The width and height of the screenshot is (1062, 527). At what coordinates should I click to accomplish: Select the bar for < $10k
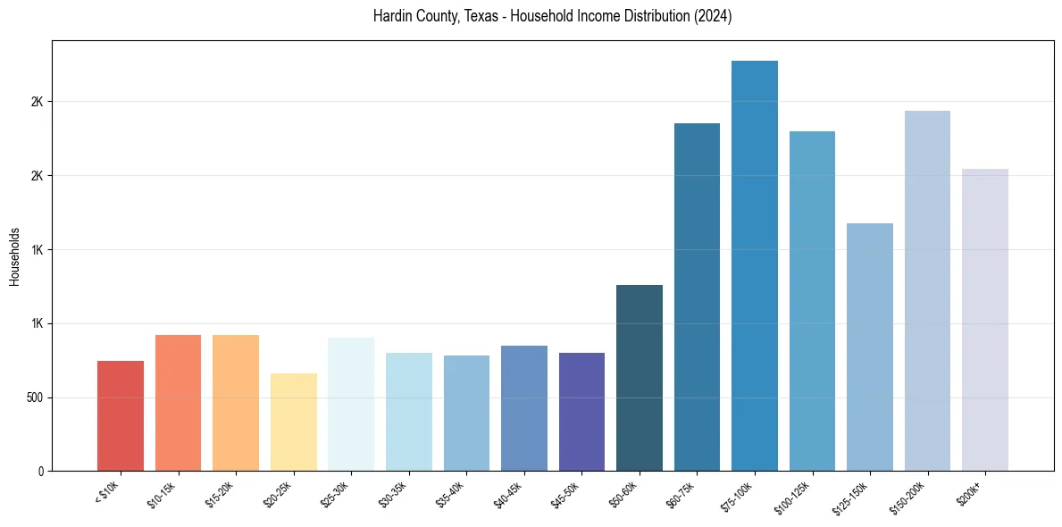pyautogui.click(x=121, y=415)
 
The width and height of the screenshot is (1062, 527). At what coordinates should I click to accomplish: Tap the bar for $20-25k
pyautogui.click(x=293, y=422)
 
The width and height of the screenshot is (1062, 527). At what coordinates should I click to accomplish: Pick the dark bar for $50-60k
pyautogui.click(x=639, y=378)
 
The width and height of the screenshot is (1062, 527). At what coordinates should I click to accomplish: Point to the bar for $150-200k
pyautogui.click(x=927, y=290)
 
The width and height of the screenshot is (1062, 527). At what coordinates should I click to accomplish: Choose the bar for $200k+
pyautogui.click(x=984, y=320)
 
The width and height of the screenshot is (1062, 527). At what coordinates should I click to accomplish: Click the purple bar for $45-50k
pyautogui.click(x=581, y=412)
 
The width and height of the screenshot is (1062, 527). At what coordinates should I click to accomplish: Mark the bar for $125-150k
pyautogui.click(x=869, y=347)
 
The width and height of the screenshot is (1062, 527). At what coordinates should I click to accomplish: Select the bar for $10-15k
pyautogui.click(x=178, y=403)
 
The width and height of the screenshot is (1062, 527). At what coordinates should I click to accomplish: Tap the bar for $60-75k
pyautogui.click(x=697, y=297)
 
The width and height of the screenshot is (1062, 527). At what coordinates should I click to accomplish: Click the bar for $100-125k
pyautogui.click(x=812, y=301)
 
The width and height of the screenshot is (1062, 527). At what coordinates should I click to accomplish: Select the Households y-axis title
pyautogui.click(x=14, y=255)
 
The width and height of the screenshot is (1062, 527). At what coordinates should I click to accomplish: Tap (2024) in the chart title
pyautogui.click(x=714, y=16)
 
